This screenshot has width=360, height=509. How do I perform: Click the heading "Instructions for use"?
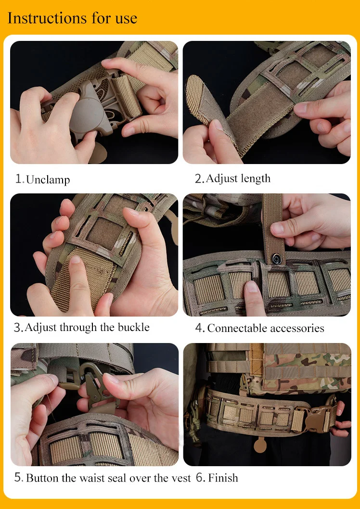coord(72,18)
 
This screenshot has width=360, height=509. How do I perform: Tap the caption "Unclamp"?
coord(48,179)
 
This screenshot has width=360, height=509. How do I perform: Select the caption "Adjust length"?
coord(238,178)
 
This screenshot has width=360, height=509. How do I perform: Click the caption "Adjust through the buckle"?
coord(87,327)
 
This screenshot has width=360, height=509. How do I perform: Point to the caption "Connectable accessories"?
coord(266,328)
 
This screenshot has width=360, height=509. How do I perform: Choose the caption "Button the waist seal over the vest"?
coord(108,478)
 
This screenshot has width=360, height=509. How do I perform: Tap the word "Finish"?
coord(223,478)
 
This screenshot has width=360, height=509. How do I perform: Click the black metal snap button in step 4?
coord(276,259)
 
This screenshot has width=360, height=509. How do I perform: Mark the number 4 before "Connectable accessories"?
coord(199,328)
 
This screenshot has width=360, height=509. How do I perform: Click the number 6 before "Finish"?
coord(200,478)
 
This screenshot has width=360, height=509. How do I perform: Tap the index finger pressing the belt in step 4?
coord(254,299)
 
